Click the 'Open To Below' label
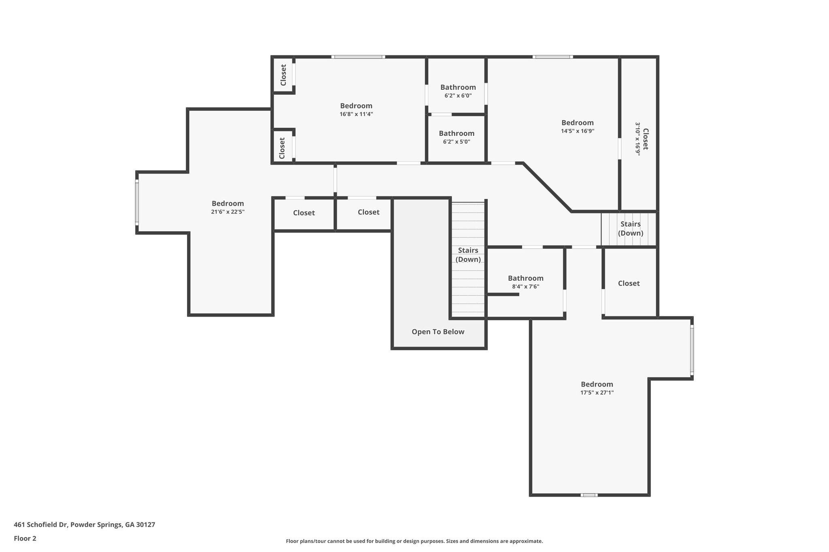coord(438,332)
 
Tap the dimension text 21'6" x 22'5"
coord(227,211)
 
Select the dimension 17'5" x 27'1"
coord(597,392)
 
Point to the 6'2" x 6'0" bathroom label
coord(458,96)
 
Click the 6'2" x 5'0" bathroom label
coord(456,142)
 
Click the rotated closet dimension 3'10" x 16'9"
coord(638,139)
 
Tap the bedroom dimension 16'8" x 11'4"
coord(356,114)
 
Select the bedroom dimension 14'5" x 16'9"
coord(577,131)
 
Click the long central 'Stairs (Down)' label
coord(468,255)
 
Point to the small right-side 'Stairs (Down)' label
coord(630,228)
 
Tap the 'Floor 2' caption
coord(25,538)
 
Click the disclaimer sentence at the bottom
coord(414,541)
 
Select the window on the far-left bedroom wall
coord(137,203)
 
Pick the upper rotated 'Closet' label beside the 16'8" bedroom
coord(283,75)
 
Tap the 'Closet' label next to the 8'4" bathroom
coord(629,283)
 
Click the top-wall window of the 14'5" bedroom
coord(552,57)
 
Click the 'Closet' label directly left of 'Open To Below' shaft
coord(368,212)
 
